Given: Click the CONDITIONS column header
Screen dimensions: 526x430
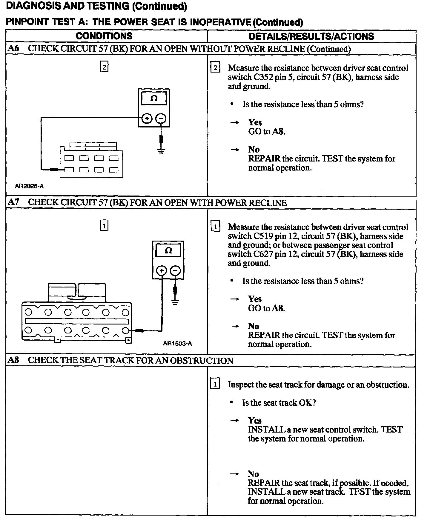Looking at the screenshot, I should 104,36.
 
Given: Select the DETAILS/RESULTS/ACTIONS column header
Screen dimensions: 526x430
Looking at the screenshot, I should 311,36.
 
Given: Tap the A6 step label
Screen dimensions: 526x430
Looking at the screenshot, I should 13,49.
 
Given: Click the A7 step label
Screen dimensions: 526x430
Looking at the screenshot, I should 13,202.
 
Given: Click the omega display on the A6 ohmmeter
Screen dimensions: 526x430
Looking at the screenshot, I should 154,99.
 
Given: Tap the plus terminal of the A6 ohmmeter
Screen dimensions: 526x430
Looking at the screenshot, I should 147,119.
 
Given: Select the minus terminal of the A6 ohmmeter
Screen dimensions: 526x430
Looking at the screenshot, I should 161,119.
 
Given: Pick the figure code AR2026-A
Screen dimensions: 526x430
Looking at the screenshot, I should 29,186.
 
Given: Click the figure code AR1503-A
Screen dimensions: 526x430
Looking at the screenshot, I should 177,344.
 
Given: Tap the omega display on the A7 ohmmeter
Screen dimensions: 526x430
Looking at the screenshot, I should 168,250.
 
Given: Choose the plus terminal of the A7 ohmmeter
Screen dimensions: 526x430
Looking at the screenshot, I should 162,271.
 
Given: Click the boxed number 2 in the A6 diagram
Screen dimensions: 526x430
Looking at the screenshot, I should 104,67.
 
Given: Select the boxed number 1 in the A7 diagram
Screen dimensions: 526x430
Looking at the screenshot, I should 104,226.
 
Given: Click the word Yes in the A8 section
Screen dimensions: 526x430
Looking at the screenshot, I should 254,420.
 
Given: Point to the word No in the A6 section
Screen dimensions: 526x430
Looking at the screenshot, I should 254,149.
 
